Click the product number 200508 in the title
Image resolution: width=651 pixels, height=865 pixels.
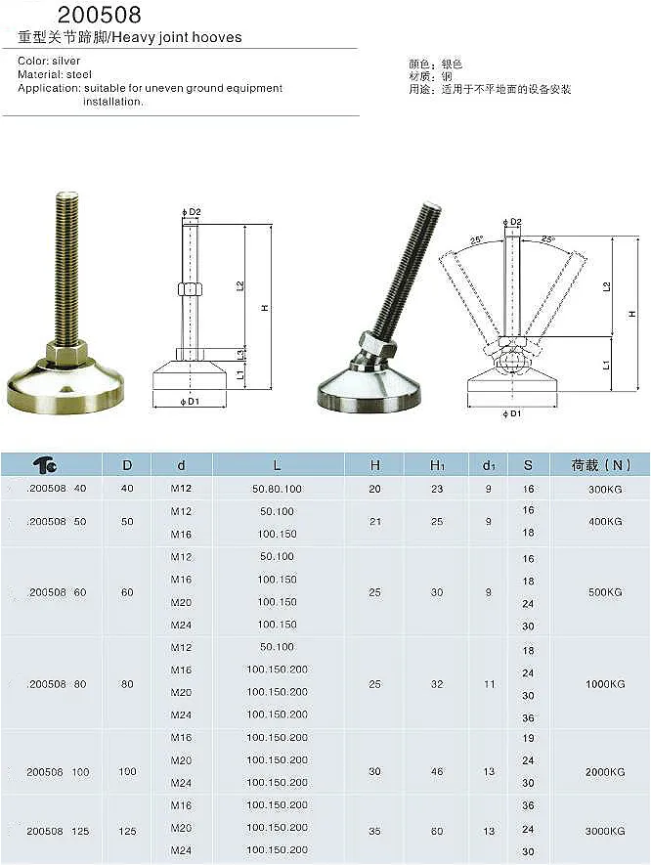(x=99, y=15)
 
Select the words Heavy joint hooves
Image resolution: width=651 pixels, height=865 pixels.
(x=192, y=38)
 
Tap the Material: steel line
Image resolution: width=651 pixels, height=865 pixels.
(x=55, y=74)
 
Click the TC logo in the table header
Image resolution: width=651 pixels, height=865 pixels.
(x=45, y=465)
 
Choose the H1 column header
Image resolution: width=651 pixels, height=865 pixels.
(x=437, y=465)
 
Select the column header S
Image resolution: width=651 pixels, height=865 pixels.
(x=528, y=465)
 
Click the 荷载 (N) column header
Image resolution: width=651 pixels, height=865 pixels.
(x=600, y=465)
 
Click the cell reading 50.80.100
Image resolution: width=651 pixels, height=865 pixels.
(x=277, y=488)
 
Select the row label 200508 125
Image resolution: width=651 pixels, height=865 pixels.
(x=58, y=831)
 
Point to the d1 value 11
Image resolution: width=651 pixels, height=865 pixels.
(x=490, y=684)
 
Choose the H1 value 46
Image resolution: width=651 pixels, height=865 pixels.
(x=437, y=772)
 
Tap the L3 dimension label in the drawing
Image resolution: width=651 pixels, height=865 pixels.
(x=240, y=351)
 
